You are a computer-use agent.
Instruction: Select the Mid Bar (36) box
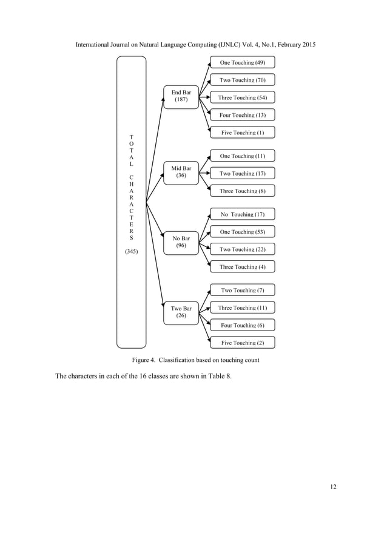tap(181, 172)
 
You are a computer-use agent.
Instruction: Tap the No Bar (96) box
tap(181, 242)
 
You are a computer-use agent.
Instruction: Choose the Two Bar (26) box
tap(181, 312)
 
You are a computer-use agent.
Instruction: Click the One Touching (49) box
tap(242, 62)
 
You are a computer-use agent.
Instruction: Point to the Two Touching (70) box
tap(242, 80)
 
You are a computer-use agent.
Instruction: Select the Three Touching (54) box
tap(242, 97)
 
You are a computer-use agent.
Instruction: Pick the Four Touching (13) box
tap(242, 115)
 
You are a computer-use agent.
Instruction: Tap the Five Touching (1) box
tap(242, 133)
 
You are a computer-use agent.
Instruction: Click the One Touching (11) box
tap(242, 156)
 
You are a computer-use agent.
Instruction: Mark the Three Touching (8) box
tap(242, 191)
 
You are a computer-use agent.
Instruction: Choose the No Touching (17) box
tap(242, 214)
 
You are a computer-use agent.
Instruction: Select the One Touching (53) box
tap(242, 232)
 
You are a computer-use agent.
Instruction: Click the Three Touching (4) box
tap(242, 267)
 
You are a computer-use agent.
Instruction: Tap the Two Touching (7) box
tap(242, 291)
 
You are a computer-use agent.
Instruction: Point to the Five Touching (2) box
tap(242, 343)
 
